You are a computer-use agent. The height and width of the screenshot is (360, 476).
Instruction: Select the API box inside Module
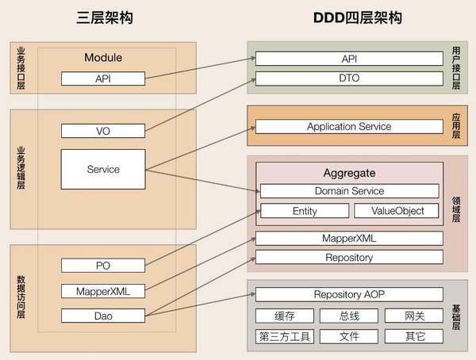click(103, 79)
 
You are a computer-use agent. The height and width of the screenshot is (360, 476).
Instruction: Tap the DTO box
click(349, 79)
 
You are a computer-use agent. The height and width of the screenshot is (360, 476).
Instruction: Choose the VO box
click(103, 131)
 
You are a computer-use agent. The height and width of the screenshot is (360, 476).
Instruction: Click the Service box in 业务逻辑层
click(103, 169)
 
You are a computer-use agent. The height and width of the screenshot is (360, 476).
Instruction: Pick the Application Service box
click(349, 127)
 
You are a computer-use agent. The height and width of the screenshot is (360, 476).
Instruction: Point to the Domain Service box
click(349, 191)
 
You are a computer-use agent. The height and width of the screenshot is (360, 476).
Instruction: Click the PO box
click(103, 265)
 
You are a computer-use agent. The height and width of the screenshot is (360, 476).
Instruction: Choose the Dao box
click(103, 316)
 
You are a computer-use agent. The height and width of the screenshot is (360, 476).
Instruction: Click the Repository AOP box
click(349, 295)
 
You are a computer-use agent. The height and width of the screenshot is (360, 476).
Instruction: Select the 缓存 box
click(284, 316)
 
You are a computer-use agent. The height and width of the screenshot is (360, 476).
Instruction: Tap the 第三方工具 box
click(284, 336)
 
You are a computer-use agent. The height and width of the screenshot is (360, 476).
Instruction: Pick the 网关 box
click(413, 316)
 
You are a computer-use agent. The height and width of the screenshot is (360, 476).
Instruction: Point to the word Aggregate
click(349, 172)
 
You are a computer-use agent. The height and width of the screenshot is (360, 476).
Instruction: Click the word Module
click(103, 58)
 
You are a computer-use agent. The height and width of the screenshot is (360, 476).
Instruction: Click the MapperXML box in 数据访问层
click(103, 291)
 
